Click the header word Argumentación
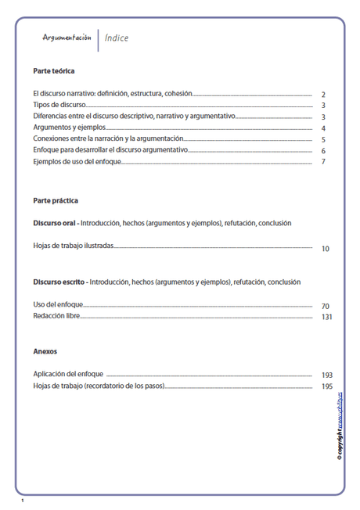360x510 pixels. point(67,38)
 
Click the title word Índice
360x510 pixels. point(117,38)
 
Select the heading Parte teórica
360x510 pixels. point(54,71)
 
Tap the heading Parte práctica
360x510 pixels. point(56,200)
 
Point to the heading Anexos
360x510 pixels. point(45,351)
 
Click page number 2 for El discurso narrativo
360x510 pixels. point(323,95)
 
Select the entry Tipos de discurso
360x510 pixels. point(59,105)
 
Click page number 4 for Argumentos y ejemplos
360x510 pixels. point(323,128)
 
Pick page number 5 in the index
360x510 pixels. point(323,139)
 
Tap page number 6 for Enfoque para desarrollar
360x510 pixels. point(323,151)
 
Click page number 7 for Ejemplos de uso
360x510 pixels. point(323,162)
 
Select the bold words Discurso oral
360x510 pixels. point(54,223)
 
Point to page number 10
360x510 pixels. point(326,249)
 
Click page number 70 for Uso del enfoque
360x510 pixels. point(326,306)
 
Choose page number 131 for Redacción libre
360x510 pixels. point(327,317)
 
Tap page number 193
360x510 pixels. point(327,375)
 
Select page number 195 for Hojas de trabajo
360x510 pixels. point(327,386)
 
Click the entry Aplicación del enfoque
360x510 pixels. point(69,375)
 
